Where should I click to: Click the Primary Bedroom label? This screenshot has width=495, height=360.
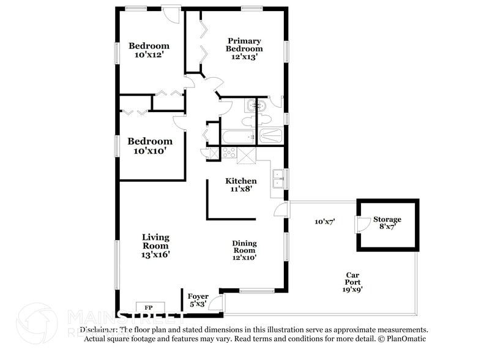click(244, 45)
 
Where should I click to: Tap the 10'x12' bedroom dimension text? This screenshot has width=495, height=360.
click(149, 55)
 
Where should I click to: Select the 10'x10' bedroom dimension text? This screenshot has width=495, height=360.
click(150, 151)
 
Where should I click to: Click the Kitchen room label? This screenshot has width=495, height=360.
click(241, 181)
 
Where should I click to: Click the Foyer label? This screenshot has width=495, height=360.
click(198, 297)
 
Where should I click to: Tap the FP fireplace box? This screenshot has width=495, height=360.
click(149, 307)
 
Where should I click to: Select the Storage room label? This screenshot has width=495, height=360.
click(388, 220)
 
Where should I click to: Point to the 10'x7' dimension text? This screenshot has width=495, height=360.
click(325, 222)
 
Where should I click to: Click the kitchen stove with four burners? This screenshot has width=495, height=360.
click(229, 153)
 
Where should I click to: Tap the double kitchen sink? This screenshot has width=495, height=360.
click(278, 178)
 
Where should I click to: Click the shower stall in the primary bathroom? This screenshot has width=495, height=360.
click(270, 135)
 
